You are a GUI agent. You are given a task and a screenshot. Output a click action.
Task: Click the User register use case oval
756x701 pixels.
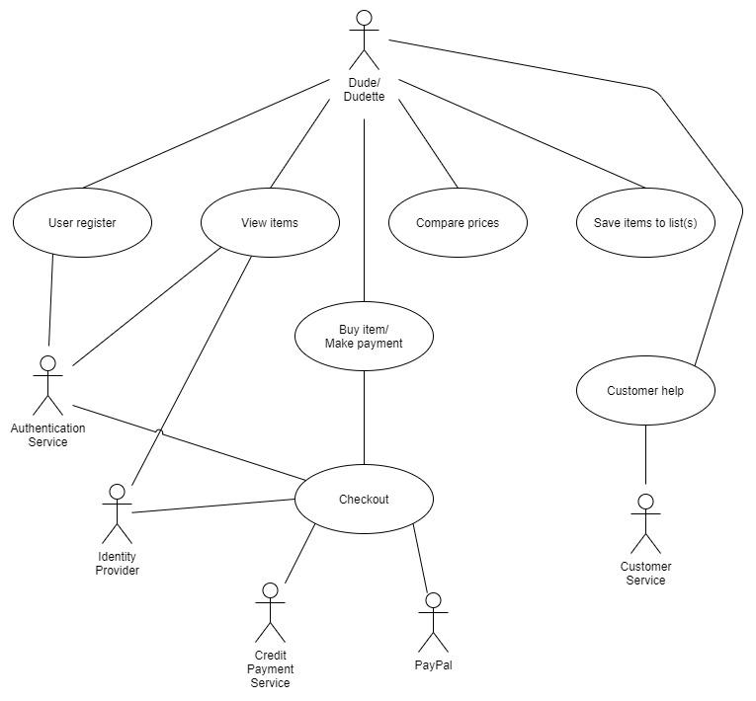82,223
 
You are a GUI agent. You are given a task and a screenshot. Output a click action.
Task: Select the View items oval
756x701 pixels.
269,223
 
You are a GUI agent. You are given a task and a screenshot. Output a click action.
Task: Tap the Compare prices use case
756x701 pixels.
457,223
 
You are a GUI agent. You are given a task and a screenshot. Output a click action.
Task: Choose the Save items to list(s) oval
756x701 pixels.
644,223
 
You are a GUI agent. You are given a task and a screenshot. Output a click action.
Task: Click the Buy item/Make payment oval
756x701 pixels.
364,336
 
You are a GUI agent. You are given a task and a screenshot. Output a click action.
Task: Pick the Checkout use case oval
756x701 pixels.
364,500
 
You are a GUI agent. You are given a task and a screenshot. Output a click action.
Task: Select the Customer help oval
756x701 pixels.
644,391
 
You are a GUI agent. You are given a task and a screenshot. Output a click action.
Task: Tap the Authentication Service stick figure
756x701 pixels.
47,386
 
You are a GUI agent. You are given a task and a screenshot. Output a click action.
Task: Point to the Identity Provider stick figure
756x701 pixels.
117,514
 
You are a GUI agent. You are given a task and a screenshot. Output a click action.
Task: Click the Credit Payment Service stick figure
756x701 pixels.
269,612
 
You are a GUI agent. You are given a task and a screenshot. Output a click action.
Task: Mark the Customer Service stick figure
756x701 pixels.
645,524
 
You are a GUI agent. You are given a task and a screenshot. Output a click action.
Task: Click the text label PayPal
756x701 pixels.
433,664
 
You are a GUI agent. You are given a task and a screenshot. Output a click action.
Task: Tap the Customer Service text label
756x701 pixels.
645,574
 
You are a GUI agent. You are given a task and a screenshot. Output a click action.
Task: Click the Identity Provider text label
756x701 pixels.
117,564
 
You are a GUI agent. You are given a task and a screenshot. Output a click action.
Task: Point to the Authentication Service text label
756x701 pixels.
47,435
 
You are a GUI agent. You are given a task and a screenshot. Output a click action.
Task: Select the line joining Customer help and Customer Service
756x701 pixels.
645,458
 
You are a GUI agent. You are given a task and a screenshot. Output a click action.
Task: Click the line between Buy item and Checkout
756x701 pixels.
364,415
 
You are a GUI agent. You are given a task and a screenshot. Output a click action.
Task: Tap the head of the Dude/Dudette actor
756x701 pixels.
364,18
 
